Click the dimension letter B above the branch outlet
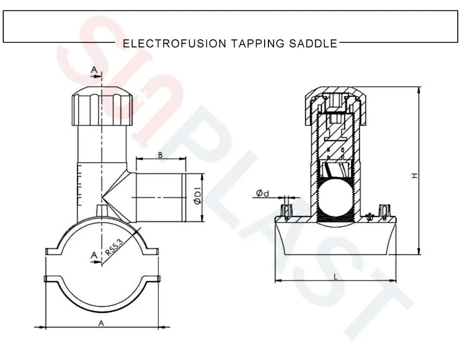pyautogui.click(x=160, y=155)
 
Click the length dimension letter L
pyautogui.click(x=336, y=277)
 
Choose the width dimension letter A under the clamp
pyautogui.click(x=100, y=323)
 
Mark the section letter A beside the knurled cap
pyautogui.click(x=93, y=70)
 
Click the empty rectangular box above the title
pyautogui.click(x=230, y=25)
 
